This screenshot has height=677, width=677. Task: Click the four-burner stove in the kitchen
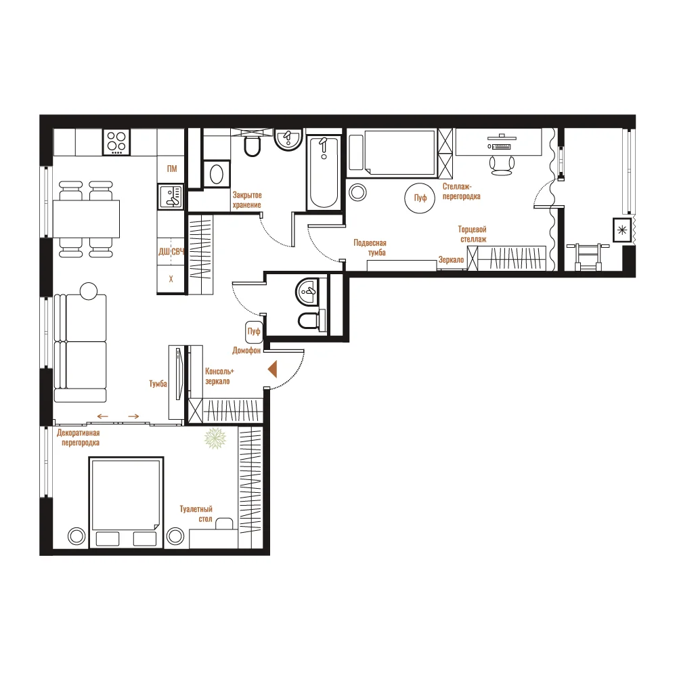pyautogui.click(x=116, y=142)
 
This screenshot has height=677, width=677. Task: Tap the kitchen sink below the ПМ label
pyautogui.click(x=171, y=196)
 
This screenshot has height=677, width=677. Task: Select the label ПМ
pyautogui.click(x=172, y=169)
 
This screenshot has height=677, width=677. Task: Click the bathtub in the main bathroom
pyautogui.click(x=324, y=173)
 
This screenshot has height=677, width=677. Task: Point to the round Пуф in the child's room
pyautogui.click(x=420, y=198)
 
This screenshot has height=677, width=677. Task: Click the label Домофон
pyautogui.click(x=246, y=351)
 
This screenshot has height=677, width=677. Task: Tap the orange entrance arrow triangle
pyautogui.click(x=272, y=370)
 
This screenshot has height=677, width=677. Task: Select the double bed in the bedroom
pyautogui.click(x=126, y=502)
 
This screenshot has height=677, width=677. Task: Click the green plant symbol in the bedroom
pyautogui.click(x=215, y=438)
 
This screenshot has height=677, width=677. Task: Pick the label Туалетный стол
pyautogui.click(x=196, y=514)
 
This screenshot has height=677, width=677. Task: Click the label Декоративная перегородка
pyautogui.click(x=78, y=437)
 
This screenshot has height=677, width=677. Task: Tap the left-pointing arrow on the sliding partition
pyautogui.click(x=102, y=416)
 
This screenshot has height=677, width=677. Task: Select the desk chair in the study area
pyautogui.click(x=502, y=165)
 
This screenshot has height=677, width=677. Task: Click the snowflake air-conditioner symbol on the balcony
pyautogui.click(x=622, y=230)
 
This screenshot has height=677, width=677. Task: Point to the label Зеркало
pyautogui.click(x=451, y=260)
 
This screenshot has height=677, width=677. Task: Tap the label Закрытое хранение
pyautogui.click(x=247, y=200)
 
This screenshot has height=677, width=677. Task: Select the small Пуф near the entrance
pyautogui.click(x=254, y=332)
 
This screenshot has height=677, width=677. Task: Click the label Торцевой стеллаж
pyautogui.click(x=473, y=234)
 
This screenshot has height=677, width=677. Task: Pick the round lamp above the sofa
pyautogui.click(x=89, y=291)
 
